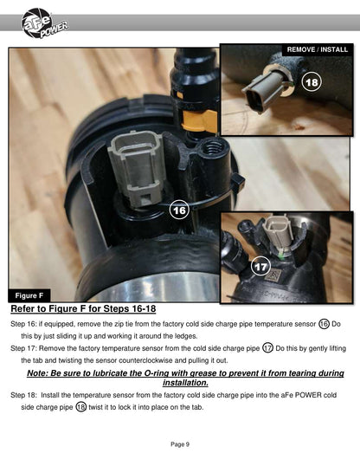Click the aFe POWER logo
click(44, 23)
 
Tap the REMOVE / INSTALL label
click(318, 49)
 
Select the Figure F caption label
click(29, 295)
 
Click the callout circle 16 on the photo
click(179, 210)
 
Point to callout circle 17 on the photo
click(260, 266)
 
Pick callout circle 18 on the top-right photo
click(312, 82)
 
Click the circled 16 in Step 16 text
click(324, 324)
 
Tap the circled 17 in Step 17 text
click(267, 348)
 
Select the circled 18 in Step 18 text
click(80, 407)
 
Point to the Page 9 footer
click(180, 444)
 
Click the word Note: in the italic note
click(37, 373)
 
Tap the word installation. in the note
click(185, 383)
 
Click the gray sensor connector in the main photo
click(138, 168)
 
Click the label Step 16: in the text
click(23, 324)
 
